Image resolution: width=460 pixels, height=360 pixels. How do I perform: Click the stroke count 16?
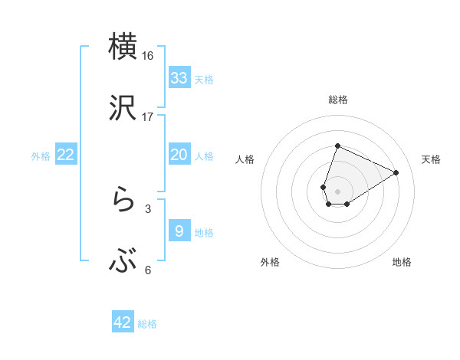148,56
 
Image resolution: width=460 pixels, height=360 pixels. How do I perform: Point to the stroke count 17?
148,117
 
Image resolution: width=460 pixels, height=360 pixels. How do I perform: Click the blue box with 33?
179,78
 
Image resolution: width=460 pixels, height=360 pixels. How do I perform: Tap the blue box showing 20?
179,155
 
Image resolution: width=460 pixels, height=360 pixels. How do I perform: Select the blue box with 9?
179,231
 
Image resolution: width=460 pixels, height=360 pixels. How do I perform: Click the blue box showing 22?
66,155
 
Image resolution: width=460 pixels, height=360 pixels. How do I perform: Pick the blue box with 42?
123,322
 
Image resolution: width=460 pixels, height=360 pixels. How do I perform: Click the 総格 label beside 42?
147,324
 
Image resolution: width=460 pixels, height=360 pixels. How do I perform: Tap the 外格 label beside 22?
41,156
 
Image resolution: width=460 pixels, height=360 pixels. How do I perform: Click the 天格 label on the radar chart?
431,159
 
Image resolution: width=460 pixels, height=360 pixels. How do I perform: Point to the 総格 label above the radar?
337,100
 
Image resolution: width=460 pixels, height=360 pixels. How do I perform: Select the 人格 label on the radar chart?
245,159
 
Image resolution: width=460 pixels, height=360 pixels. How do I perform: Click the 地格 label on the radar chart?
402,262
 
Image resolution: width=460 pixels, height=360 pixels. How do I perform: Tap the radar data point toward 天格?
396,172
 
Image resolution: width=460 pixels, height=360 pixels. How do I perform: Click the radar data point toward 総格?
337,146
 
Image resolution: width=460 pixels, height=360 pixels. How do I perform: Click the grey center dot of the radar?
337,191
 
